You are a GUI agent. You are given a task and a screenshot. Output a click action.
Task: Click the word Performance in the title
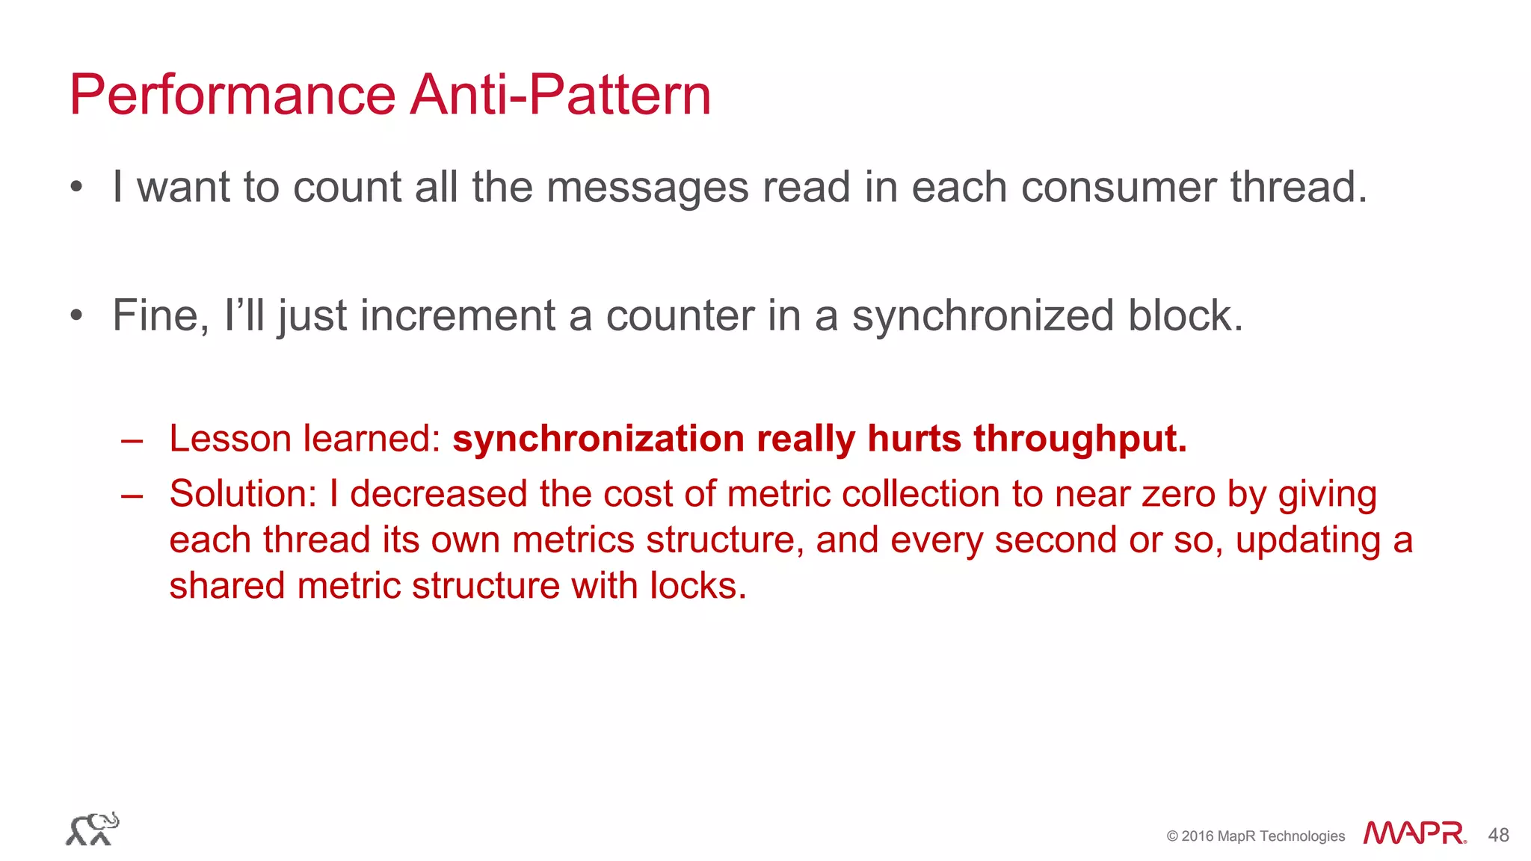tap(232, 95)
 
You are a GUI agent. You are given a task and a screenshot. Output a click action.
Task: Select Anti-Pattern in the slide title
tap(560, 95)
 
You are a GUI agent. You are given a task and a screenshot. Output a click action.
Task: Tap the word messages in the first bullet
tap(647, 187)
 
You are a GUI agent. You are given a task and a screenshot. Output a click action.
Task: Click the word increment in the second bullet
tap(458, 315)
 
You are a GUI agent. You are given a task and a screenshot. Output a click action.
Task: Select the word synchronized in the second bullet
tap(983, 315)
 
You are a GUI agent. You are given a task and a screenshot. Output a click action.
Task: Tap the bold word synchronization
tap(598, 439)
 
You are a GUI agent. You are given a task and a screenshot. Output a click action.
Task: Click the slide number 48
tap(1498, 835)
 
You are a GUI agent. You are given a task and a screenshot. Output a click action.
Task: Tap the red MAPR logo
tap(1414, 833)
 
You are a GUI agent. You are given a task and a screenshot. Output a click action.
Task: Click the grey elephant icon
tap(93, 829)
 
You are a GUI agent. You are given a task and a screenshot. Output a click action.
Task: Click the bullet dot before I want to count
tap(76, 188)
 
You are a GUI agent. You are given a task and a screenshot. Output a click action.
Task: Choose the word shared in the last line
tap(227, 585)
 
